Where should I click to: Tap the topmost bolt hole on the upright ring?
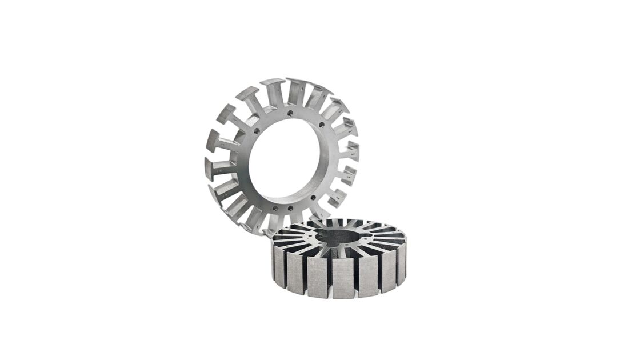click(290, 113)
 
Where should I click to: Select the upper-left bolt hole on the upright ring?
click(256, 130)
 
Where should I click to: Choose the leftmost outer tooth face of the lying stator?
click(279, 266)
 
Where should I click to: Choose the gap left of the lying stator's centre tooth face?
click(330, 277)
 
